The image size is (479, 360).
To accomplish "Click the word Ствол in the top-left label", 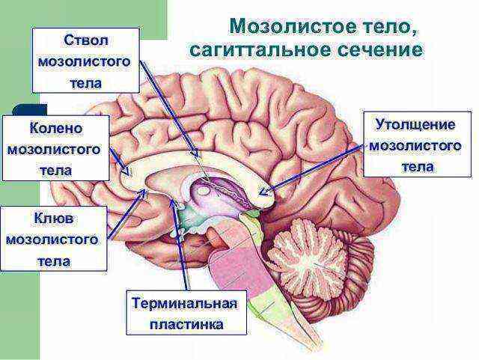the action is point(86,40).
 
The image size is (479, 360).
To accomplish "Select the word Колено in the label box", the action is point(56,128).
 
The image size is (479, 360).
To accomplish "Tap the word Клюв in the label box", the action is point(54,219).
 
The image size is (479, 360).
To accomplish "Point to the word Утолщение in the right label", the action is point(415,125).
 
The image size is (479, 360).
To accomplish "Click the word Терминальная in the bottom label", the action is point(185,303).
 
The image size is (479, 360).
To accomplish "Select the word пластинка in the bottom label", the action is point(186,324).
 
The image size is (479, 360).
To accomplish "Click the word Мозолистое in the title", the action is point(293,27).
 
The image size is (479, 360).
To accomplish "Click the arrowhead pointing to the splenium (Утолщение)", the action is point(263,192).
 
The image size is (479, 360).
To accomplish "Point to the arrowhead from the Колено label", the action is point(126,171).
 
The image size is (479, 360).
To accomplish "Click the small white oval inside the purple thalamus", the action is point(203,192).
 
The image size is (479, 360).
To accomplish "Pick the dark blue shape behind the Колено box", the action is point(30,109).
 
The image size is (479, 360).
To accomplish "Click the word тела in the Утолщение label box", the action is point(418,167).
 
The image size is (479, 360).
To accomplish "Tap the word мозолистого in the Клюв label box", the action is point(52,240).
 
